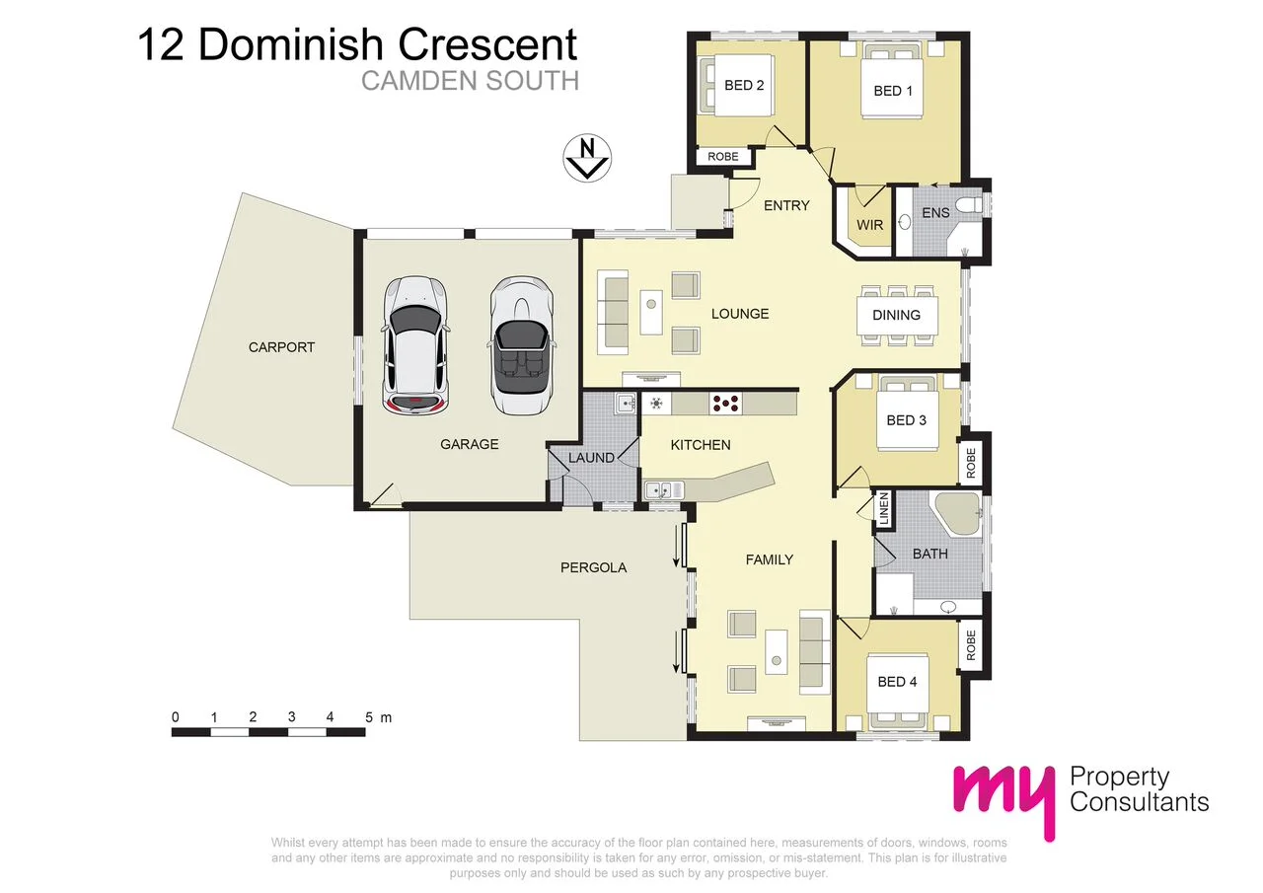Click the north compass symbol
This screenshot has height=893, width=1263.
click(x=587, y=158)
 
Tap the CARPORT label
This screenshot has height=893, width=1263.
click(x=281, y=347)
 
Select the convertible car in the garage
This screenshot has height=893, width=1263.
click(x=521, y=345)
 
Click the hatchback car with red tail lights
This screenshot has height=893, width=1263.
click(x=414, y=345)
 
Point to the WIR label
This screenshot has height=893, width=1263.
click(x=869, y=225)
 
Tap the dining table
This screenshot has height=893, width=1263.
click(x=896, y=315)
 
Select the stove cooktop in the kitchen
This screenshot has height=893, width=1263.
click(x=725, y=403)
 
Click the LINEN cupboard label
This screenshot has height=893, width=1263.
click(x=884, y=510)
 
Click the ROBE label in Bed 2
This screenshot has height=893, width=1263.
click(x=723, y=157)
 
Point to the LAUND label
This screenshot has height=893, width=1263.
click(x=591, y=458)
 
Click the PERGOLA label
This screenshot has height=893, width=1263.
click(x=593, y=567)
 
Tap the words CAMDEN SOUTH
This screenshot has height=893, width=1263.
click(x=469, y=80)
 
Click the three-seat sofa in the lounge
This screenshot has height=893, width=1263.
click(x=613, y=314)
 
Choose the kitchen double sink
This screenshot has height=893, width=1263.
click(x=659, y=488)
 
